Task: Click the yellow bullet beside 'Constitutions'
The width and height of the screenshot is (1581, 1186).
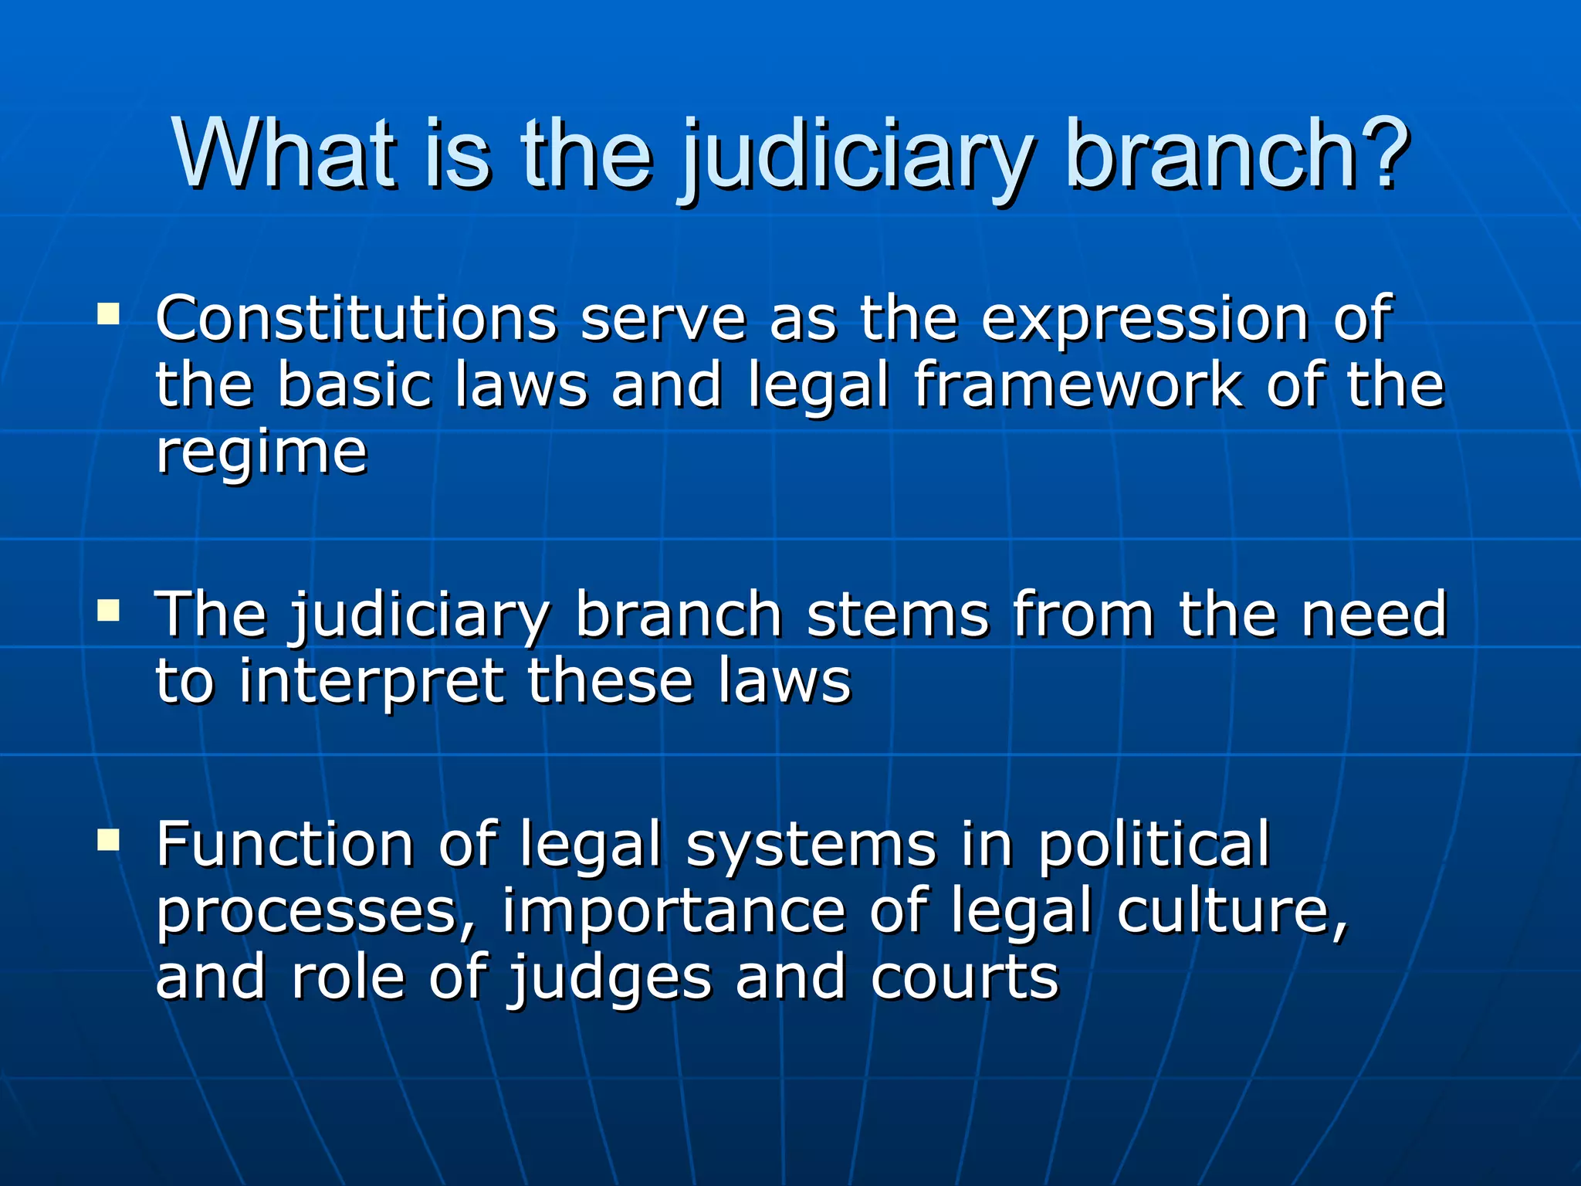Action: point(109,314)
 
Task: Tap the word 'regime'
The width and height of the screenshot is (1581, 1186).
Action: point(261,453)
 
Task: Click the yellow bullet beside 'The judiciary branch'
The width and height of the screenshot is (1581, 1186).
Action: point(109,612)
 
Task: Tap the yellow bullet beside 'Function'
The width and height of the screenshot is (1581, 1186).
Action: point(109,839)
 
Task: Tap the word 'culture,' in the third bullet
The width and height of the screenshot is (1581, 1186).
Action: point(1232,911)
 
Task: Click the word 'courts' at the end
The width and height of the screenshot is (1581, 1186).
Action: point(964,978)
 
